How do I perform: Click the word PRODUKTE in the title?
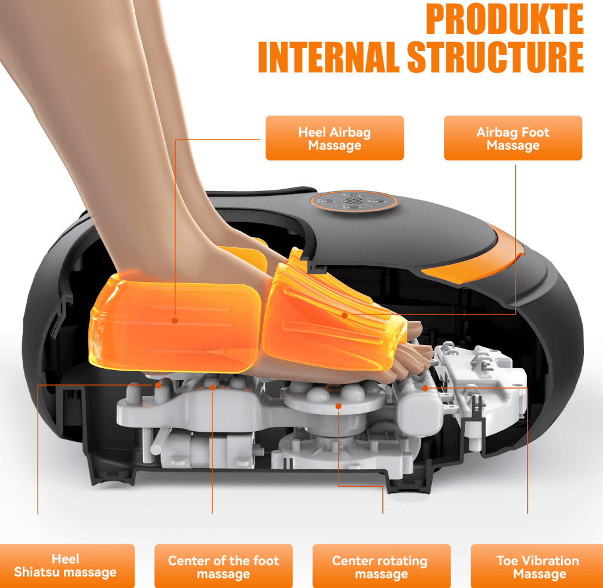(x=504, y=19)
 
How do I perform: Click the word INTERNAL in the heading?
(x=329, y=57)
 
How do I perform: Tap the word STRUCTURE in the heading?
(x=495, y=57)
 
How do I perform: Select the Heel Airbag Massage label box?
(x=334, y=138)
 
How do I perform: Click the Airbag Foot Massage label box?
(x=513, y=138)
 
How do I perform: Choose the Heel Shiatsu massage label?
(x=65, y=566)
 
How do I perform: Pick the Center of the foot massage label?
(x=224, y=566)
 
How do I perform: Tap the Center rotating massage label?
(x=382, y=566)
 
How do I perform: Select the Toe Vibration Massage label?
(x=538, y=566)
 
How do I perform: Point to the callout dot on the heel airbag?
(x=175, y=320)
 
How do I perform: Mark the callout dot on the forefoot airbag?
(x=345, y=316)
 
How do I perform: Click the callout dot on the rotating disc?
(x=339, y=406)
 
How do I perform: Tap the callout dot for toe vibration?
(x=425, y=388)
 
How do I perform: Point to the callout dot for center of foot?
(x=213, y=387)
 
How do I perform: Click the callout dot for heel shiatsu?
(x=158, y=385)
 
